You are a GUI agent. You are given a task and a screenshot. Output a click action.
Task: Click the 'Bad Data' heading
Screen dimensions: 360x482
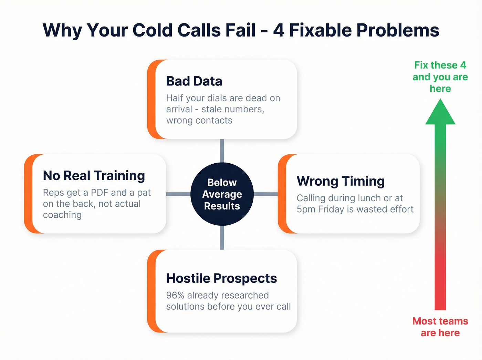(194, 81)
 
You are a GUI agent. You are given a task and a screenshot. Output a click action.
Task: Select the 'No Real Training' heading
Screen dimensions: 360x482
(94, 176)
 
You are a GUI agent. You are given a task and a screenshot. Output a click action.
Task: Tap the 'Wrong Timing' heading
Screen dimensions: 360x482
(340, 181)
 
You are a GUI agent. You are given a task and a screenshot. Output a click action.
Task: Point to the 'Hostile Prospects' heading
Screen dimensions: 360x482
(221, 278)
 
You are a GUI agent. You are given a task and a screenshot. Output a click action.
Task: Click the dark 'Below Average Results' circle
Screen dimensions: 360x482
(222, 194)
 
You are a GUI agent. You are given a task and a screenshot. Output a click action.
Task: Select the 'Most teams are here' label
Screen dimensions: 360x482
(440, 327)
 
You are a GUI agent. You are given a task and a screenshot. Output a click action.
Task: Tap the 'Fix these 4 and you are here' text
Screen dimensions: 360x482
(440, 77)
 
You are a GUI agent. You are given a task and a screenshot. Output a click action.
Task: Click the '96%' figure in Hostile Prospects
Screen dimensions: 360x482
(175, 296)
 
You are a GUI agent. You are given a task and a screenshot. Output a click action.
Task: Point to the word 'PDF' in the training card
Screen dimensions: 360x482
(99, 193)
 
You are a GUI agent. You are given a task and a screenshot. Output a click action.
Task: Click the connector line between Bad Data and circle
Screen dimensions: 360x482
(222, 151)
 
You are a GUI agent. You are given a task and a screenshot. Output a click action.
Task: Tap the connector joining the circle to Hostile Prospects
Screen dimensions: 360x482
(222, 238)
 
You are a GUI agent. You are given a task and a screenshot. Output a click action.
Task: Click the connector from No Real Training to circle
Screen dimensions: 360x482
(178, 194)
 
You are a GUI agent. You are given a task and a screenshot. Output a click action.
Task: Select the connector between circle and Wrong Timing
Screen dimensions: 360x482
(266, 194)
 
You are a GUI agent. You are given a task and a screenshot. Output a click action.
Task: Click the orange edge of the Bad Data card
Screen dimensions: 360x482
(151, 99)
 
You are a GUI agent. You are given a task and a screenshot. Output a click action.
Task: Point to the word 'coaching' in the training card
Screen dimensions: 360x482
(62, 215)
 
